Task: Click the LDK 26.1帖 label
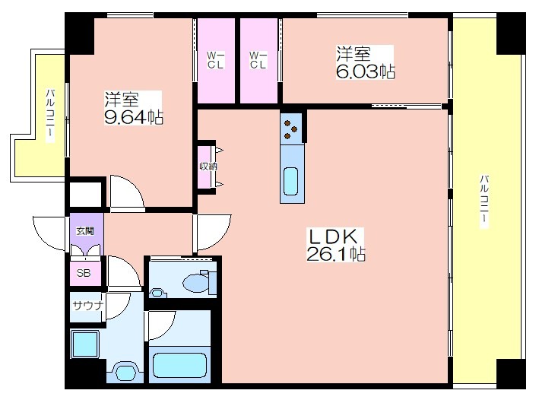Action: pos(336,245)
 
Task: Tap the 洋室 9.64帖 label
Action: pos(133,108)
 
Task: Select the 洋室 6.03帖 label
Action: pos(365,62)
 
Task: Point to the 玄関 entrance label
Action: pos(84,231)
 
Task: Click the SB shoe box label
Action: pos(84,273)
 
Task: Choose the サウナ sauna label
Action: pos(88,306)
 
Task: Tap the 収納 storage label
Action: pos(208,167)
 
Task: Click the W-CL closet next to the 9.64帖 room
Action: pos(216,60)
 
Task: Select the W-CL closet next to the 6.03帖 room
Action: pos(258,60)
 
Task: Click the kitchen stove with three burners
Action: pos(291,129)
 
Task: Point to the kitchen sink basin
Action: pos(291,181)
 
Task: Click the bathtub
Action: pos(179,365)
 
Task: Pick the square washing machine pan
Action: pos(85,344)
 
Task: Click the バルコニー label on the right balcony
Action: pos(484,201)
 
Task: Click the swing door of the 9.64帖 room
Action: pos(126,192)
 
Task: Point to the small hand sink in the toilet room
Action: pos(157,293)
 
